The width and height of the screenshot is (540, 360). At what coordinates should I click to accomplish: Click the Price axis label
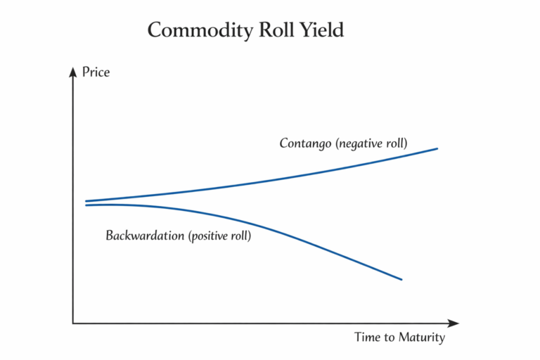pyautogui.click(x=96, y=72)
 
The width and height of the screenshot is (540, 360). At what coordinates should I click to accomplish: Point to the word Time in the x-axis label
pyautogui.click(x=367, y=337)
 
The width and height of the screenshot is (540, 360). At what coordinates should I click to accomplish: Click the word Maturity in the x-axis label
pyautogui.click(x=422, y=337)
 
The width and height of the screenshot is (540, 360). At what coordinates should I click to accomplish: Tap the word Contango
pyautogui.click(x=305, y=143)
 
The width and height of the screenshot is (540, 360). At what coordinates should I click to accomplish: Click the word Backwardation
pyautogui.click(x=146, y=236)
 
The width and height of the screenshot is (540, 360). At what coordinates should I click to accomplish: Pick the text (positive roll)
pyautogui.click(x=219, y=236)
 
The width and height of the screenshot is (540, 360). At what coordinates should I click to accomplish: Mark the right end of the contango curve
pyautogui.click(x=437, y=148)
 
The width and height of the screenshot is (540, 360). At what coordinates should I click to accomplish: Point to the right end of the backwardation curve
pyautogui.click(x=401, y=279)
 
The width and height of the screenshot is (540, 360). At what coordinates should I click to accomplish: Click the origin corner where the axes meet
pyautogui.click(x=72, y=323)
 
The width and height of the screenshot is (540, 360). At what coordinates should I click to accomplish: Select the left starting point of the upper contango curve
pyautogui.click(x=86, y=201)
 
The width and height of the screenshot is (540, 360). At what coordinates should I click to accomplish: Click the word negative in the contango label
pyautogui.click(x=361, y=143)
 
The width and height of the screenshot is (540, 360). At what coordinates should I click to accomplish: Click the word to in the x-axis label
pyautogui.click(x=389, y=337)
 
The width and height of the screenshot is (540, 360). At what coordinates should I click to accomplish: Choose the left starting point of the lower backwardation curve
pyautogui.click(x=86, y=205)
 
